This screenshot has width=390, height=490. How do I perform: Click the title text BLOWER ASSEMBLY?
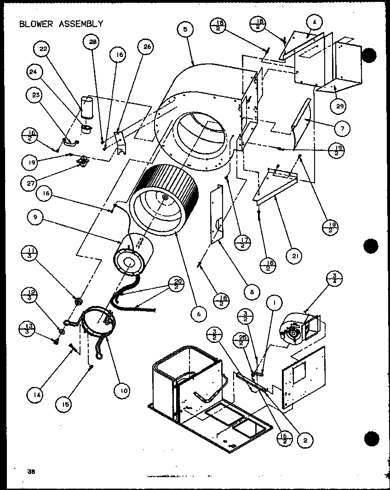click(61, 24)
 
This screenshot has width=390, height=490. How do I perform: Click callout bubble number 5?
click(185, 29)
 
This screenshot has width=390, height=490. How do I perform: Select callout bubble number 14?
click(34, 394)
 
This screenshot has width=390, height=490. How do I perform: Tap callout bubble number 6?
click(199, 314)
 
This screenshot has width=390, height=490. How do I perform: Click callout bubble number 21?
click(293, 255)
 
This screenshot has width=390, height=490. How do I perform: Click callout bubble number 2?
click(304, 440)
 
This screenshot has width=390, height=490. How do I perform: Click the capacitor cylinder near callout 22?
click(87, 108)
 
